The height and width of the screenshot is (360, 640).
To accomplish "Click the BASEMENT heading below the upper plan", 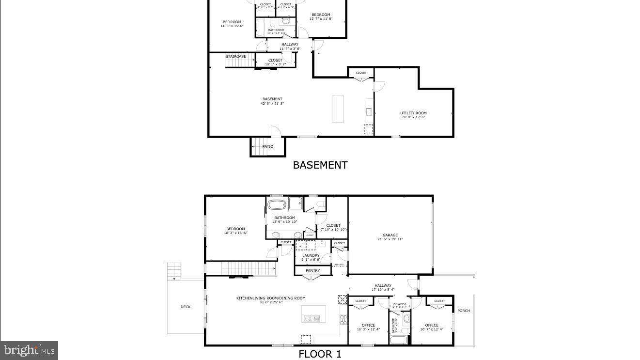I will pos(320,165).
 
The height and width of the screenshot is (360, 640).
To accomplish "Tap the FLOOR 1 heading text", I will pos(320,354).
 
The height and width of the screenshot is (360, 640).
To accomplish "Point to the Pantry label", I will pos(313,271).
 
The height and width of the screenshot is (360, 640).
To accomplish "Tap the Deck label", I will pos(186,307).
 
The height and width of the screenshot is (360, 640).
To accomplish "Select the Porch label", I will pos(464,311).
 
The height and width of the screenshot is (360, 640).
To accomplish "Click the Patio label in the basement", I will pos(268,146).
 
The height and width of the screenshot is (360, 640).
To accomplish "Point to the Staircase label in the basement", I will pos(235,56).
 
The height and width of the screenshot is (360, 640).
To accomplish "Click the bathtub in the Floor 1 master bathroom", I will pos(277,204).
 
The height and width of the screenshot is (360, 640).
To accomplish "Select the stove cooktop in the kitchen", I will pos(343,319).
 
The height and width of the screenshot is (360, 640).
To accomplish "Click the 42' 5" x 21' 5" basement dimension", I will pos(272,103).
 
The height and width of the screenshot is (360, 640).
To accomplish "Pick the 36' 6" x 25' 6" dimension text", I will pos(271,302).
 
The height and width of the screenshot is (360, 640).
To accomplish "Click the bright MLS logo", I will pos(29,350).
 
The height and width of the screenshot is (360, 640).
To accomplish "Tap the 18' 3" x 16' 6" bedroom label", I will pos(235,231).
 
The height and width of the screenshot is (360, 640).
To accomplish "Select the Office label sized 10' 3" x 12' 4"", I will pos(368,328).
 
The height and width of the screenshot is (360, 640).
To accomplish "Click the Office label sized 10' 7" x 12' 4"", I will pos(432,328).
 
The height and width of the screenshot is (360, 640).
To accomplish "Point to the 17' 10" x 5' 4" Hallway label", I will pos(383,288).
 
